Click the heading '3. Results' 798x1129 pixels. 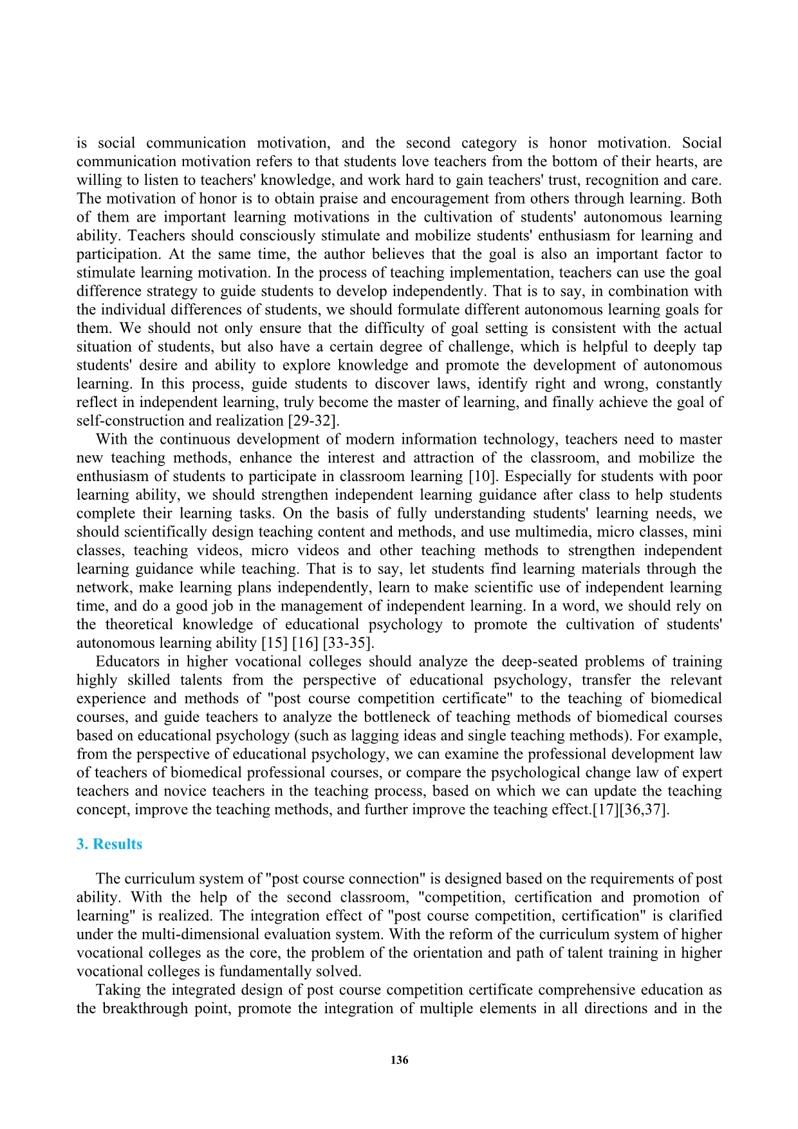109,844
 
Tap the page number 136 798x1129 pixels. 399,1060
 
